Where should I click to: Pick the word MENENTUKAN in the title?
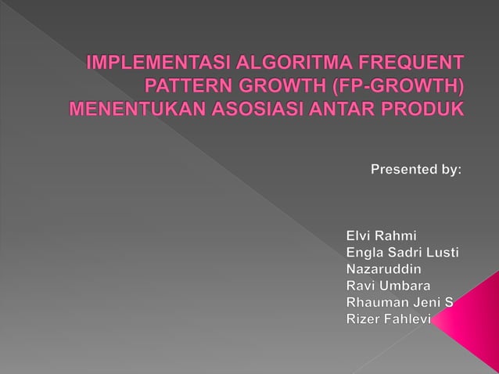point(138,107)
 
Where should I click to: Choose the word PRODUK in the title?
point(425,107)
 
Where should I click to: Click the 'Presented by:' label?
point(415,169)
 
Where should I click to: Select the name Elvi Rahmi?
point(382,236)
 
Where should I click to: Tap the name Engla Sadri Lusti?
point(402,252)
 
